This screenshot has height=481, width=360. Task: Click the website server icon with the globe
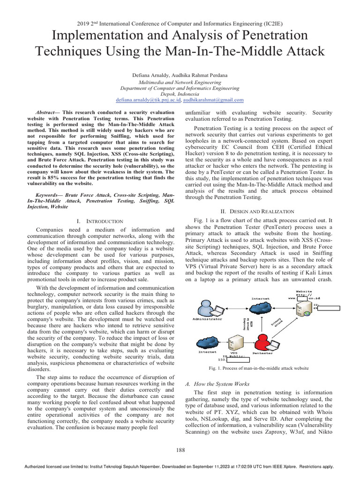click(x=303, y=308)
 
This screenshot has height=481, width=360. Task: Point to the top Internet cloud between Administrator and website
click(x=261, y=308)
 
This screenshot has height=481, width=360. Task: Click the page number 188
click(x=180, y=450)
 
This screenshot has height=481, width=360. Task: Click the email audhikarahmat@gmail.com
click(x=213, y=100)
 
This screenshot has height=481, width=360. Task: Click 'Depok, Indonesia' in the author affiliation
click(x=180, y=93)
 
